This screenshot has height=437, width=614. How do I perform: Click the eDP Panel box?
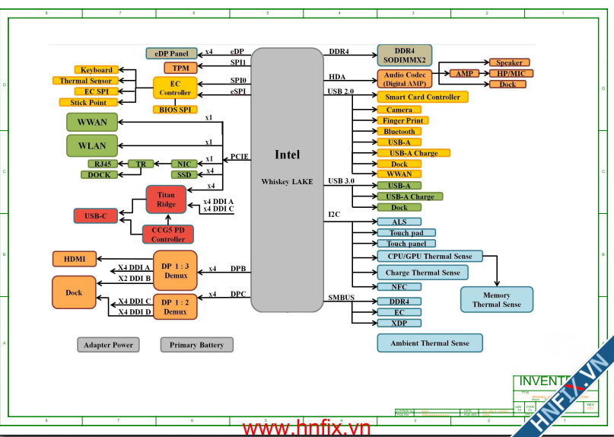click(x=171, y=53)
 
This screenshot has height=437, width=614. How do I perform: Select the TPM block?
click(x=181, y=68)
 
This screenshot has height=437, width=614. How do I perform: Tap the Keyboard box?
click(x=97, y=70)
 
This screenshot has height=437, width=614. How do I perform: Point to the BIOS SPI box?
click(x=175, y=110)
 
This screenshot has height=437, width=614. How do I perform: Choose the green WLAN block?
click(x=92, y=145)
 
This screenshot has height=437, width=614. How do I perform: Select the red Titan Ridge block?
click(x=166, y=199)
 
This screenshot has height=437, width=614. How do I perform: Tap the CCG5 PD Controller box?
click(x=168, y=234)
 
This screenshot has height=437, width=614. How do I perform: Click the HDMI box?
click(x=75, y=259)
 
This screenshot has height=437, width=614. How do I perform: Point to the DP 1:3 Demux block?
click(x=175, y=270)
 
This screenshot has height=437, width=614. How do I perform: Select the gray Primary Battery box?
click(x=196, y=345)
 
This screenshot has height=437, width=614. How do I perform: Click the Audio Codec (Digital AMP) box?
click(x=405, y=78)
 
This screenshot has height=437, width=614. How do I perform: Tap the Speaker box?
click(x=509, y=62)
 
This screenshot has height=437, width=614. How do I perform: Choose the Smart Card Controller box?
click(x=422, y=97)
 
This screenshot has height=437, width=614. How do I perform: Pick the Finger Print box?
click(x=403, y=120)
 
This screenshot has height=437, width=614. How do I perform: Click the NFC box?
click(x=399, y=287)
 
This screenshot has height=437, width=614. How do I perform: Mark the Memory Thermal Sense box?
click(x=496, y=299)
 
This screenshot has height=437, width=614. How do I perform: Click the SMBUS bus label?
click(x=342, y=297)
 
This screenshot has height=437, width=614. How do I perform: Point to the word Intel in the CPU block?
click(x=287, y=155)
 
